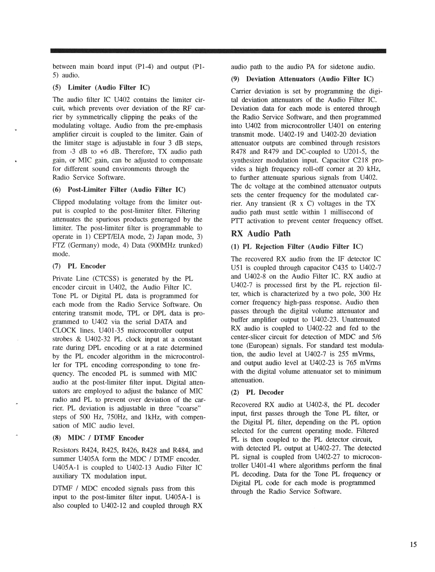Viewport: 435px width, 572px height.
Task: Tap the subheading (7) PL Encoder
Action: tap(79, 266)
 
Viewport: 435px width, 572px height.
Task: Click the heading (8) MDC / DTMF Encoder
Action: tap(98, 438)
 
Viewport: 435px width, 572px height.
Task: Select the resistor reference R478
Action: tap(240, 152)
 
